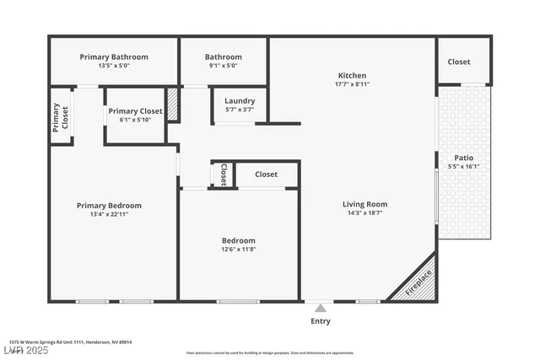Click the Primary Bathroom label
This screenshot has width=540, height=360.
pyautogui.click(x=114, y=57)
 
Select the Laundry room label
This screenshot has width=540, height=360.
pyautogui.click(x=240, y=101)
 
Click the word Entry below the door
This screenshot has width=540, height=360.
pyautogui.click(x=321, y=321)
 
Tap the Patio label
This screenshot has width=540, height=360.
pyautogui.click(x=463, y=157)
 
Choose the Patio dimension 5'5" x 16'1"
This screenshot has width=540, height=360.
pyautogui.click(x=463, y=166)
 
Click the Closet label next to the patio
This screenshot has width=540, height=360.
pyautogui.click(x=459, y=62)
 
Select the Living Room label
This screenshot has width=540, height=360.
pyautogui.click(x=364, y=204)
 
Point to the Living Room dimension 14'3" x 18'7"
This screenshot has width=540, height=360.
pyautogui.click(x=364, y=214)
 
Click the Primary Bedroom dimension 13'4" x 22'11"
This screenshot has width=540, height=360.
pyautogui.click(x=109, y=214)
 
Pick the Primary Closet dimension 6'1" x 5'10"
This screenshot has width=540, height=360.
pyautogui.click(x=135, y=121)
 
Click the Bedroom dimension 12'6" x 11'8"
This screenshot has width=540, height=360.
pyautogui.click(x=238, y=250)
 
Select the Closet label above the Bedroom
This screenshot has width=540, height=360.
pyautogui.click(x=266, y=175)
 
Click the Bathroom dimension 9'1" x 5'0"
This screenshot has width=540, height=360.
pyautogui.click(x=224, y=66)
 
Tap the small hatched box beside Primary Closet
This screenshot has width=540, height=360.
pyautogui.click(x=173, y=105)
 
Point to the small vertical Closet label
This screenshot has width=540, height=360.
pyautogui.click(x=223, y=175)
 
